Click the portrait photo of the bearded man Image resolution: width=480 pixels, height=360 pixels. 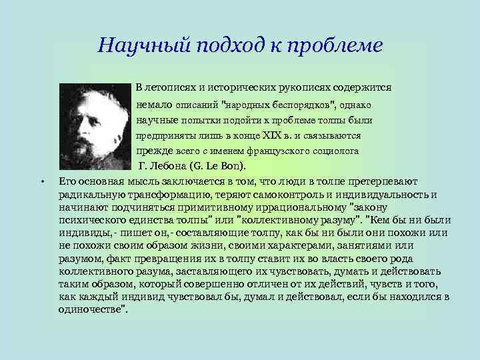95,125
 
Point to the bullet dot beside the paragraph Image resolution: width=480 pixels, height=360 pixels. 41,181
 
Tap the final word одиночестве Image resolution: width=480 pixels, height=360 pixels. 93,309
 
